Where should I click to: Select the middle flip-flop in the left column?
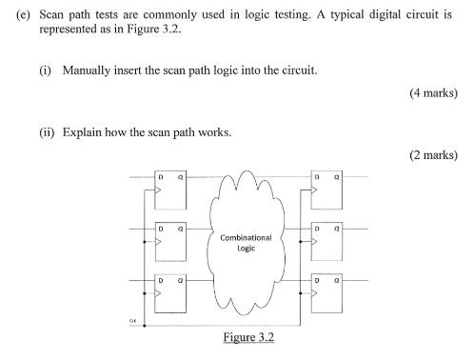coord(171,242)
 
